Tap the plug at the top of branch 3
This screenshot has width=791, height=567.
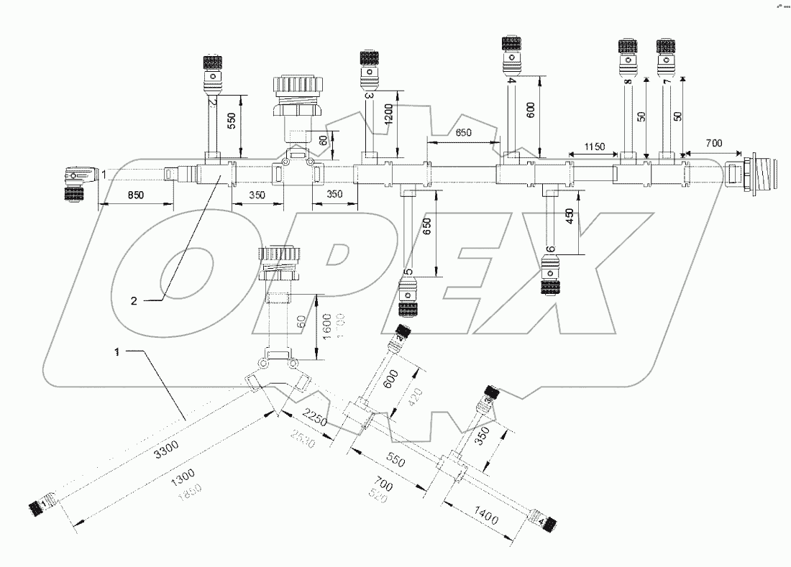pyautogui.click(x=370, y=65)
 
